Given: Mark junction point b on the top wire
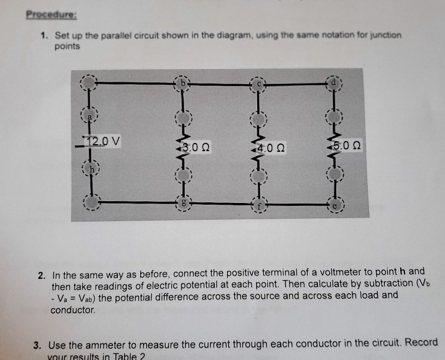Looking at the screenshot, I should tap(182, 83).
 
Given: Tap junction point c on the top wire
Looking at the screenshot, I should tap(258, 84).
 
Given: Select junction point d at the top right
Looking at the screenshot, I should tap(336, 82).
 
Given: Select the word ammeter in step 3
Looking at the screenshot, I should tap(103, 342).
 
